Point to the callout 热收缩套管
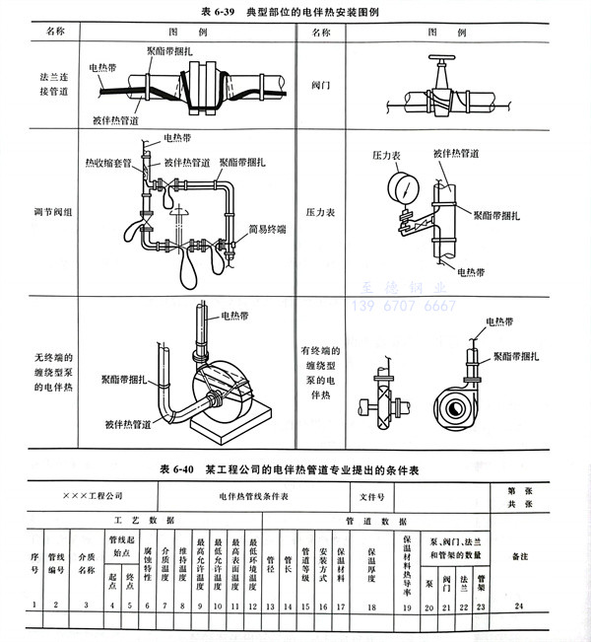point(107,161)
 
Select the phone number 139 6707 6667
point(405,307)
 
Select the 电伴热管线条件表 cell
point(253,494)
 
